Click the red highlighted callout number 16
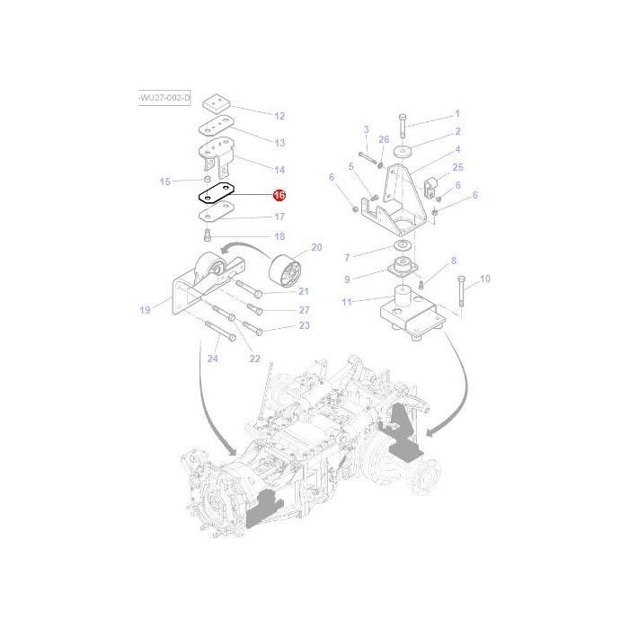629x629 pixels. click(279, 195)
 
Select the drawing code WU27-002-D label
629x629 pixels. click(164, 96)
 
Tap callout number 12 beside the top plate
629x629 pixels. click(279, 116)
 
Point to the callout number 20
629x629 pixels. click(315, 247)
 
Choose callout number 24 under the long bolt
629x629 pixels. click(213, 359)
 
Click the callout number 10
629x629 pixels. click(485, 279)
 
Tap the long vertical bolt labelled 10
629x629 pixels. click(461, 294)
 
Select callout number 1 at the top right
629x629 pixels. click(456, 114)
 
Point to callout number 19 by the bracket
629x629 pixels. click(144, 310)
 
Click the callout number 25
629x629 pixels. click(457, 167)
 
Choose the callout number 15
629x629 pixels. click(164, 182)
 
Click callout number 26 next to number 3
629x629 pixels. click(384, 139)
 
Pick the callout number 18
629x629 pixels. click(279, 236)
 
